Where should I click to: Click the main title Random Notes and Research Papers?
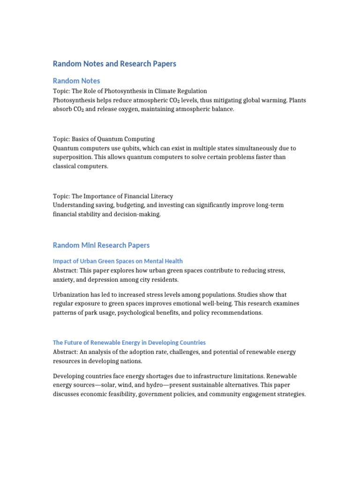coord(114,64)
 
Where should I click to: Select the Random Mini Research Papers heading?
coord(101,245)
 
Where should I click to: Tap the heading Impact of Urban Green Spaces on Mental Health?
coord(118,261)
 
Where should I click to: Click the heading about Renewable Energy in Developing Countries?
coord(129,343)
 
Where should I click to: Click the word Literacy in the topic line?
coord(161,196)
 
